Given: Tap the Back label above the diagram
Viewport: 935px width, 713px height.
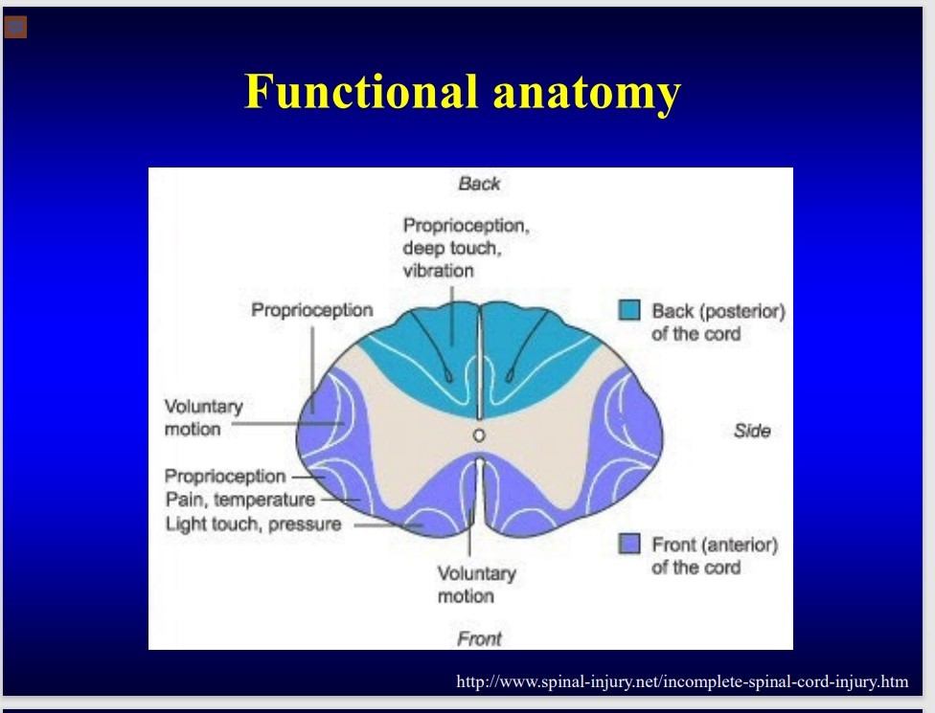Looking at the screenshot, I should click(x=479, y=184).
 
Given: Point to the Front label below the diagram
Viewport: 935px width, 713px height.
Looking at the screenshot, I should click(x=479, y=638).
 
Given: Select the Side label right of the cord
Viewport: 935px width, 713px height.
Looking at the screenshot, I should click(x=752, y=431).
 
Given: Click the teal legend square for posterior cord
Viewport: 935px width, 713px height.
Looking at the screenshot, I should click(x=629, y=311).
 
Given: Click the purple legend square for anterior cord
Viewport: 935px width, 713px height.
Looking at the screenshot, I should click(x=629, y=545).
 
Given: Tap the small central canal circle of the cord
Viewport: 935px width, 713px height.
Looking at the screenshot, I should click(x=479, y=435).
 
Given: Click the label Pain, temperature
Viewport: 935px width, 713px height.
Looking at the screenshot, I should click(x=239, y=500).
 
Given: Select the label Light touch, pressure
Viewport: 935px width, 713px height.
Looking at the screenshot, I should click(x=253, y=524).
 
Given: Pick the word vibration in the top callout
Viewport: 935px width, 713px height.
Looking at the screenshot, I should click(x=438, y=271).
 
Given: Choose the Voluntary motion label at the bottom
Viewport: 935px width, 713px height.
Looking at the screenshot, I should click(x=476, y=585).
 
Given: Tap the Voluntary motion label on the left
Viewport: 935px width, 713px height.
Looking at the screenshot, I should click(x=203, y=418).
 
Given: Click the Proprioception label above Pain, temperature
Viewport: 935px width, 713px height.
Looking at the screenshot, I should click(x=224, y=476).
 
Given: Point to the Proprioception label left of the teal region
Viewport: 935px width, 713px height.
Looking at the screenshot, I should click(x=311, y=311).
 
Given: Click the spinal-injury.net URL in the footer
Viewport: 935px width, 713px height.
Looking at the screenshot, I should click(x=682, y=682).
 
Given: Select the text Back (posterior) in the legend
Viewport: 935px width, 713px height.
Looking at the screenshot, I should click(x=718, y=311).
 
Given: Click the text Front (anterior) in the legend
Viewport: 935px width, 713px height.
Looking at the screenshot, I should click(x=714, y=545).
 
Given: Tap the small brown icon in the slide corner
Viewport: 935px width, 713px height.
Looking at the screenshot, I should click(x=15, y=27).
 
